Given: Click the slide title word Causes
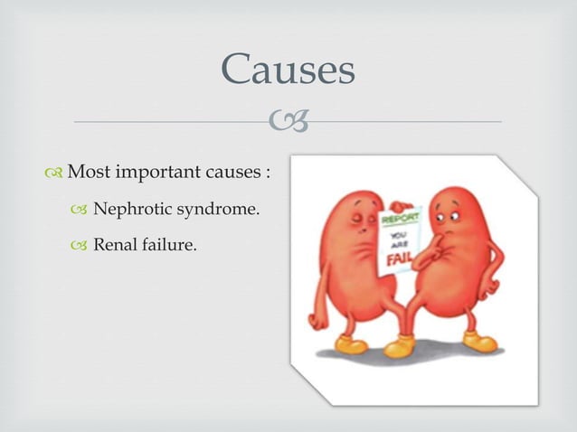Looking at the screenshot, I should [288, 69].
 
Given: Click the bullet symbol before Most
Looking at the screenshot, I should [56, 172].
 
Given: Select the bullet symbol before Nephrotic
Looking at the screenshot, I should [83, 211].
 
